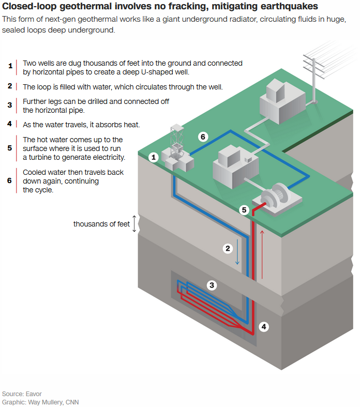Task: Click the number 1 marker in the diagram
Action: coord(153,157)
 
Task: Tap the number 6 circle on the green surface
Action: coord(203,137)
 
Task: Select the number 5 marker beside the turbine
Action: coord(244,210)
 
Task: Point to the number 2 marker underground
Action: coord(228,248)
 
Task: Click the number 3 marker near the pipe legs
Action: coord(212,284)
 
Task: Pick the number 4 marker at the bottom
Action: coord(264,327)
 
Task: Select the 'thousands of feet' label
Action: coord(101,224)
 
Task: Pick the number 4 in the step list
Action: coord(10,124)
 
